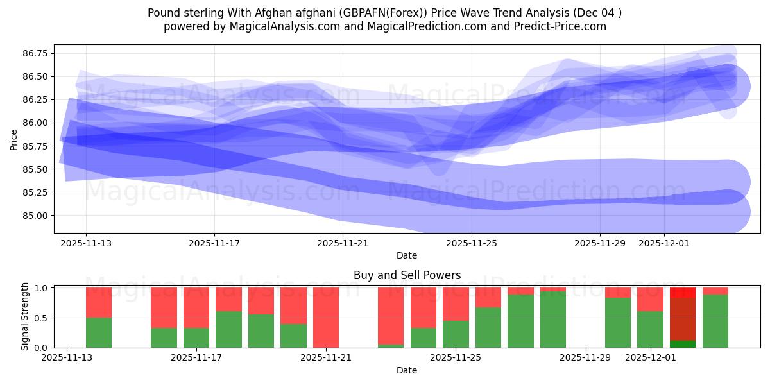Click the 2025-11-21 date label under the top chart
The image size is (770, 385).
tap(343, 244)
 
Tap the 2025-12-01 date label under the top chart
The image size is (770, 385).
tap(664, 244)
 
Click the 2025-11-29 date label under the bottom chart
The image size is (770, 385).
tap(586, 359)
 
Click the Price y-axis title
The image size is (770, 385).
tap(14, 139)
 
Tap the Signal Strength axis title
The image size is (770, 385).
tap(24, 316)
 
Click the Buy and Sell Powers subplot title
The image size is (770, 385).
tap(407, 275)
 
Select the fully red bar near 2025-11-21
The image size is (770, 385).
tap(326, 318)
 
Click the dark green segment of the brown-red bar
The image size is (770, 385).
tap(683, 344)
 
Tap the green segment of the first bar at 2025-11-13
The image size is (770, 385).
tap(99, 332)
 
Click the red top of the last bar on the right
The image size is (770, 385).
tap(715, 291)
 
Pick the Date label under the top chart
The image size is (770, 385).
tap(406, 255)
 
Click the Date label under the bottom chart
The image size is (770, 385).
tap(406, 370)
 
